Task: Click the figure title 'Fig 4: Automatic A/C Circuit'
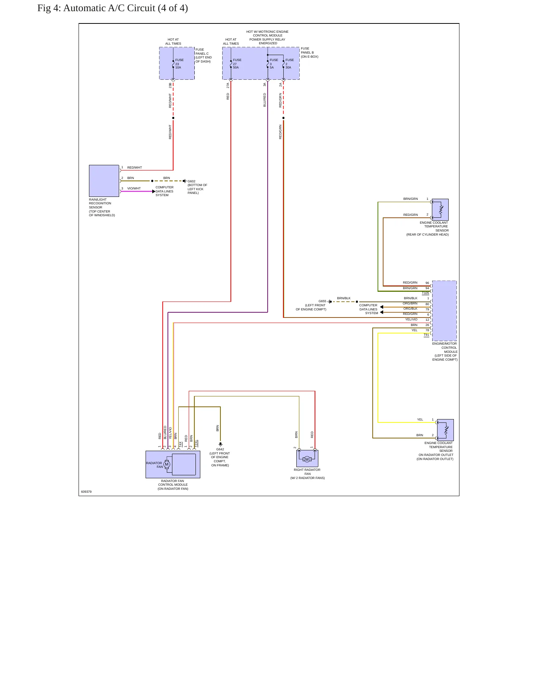(x=96, y=8)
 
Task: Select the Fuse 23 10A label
(x=179, y=64)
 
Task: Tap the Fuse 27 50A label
(x=237, y=64)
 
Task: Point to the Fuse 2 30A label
(x=290, y=64)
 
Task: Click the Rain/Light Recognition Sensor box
(x=104, y=181)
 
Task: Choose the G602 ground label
(x=191, y=181)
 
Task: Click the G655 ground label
(x=322, y=301)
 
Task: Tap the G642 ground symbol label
(x=220, y=449)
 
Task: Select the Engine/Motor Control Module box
(x=445, y=311)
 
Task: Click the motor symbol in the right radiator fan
(x=307, y=459)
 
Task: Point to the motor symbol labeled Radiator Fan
(x=167, y=464)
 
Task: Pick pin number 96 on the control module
(x=427, y=283)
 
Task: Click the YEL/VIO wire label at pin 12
(x=411, y=319)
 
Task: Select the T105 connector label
(x=426, y=293)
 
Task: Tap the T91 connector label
(x=426, y=335)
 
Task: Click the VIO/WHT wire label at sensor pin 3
(x=134, y=188)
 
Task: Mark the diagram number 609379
(x=86, y=492)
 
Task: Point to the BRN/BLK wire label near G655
(x=344, y=298)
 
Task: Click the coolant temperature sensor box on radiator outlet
(x=445, y=430)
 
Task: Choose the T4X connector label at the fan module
(x=181, y=444)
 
